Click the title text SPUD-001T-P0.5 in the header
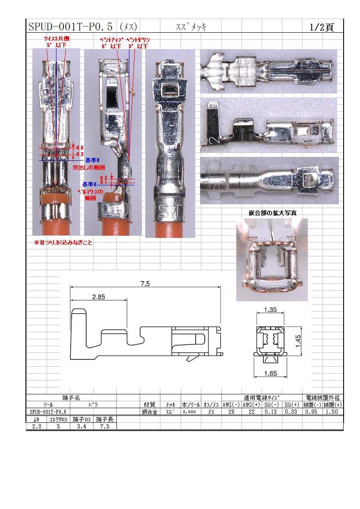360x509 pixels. (x=70, y=27)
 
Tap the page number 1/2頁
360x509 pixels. (x=321, y=27)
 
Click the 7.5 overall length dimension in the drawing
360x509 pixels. (x=145, y=284)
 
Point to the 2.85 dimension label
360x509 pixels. (x=98, y=297)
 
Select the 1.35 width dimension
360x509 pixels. (x=270, y=309)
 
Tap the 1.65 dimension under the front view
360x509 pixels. (x=270, y=374)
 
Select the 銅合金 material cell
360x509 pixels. (x=150, y=412)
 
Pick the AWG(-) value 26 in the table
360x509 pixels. (x=231, y=412)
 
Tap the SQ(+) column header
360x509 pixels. (x=292, y=405)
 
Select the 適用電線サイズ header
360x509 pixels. (x=261, y=398)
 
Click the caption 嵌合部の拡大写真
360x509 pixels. (x=272, y=213)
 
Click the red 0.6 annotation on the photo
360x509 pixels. (x=80, y=148)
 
